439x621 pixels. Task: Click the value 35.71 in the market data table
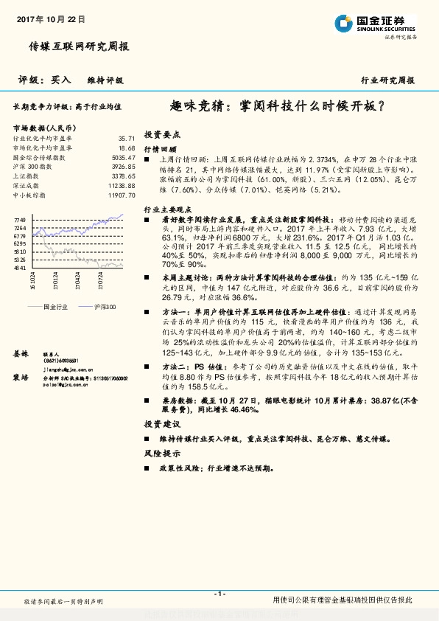pyautogui.click(x=127, y=138)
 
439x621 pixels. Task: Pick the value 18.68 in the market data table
pyautogui.click(x=127, y=148)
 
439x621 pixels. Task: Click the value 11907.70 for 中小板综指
pyautogui.click(x=122, y=195)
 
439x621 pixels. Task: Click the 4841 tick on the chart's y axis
pyautogui.click(x=20, y=268)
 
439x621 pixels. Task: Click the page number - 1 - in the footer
pyautogui.click(x=219, y=594)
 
